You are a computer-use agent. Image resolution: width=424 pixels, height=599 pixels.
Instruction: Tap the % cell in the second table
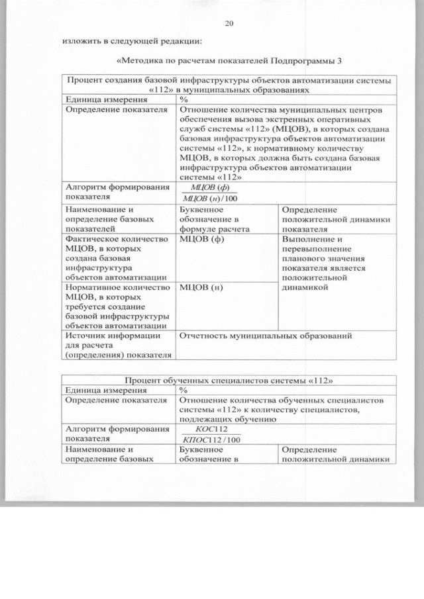(184, 390)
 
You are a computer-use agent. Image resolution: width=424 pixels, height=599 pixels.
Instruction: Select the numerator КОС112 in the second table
(203, 429)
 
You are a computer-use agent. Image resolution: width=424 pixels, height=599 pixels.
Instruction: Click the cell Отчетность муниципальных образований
(265, 336)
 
